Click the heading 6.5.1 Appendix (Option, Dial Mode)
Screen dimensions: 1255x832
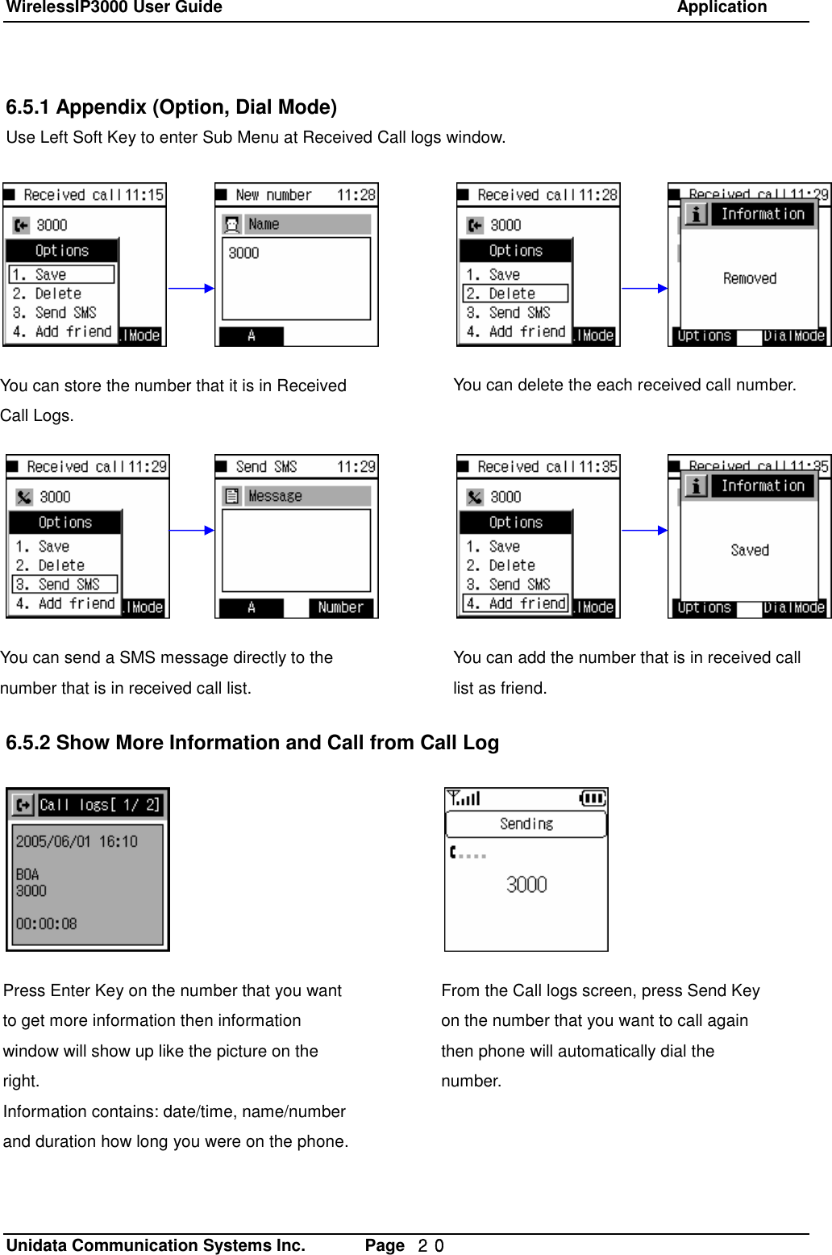point(171,107)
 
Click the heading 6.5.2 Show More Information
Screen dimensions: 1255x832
point(252,743)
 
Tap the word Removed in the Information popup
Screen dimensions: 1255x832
point(750,278)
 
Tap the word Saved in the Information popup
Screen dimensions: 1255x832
point(750,550)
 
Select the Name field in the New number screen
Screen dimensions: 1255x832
point(296,224)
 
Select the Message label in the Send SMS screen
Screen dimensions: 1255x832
point(296,496)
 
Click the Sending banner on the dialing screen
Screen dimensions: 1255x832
point(526,823)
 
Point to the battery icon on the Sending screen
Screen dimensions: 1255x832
point(593,798)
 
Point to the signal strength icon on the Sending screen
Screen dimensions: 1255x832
point(464,798)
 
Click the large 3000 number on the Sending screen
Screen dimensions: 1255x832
point(526,885)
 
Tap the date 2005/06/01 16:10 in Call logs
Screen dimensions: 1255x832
point(77,841)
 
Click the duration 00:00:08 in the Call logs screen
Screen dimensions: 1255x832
point(46,924)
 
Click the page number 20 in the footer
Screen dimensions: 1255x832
point(431,1245)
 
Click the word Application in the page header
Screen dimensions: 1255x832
point(722,8)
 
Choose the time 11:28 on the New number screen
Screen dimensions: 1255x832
point(356,195)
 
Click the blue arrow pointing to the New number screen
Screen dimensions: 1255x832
point(191,288)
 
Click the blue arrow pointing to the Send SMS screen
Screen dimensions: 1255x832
point(192,530)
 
